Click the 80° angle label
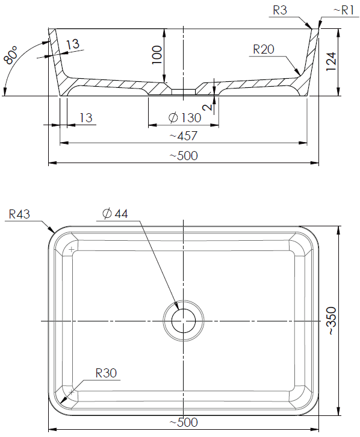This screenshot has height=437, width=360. click(11, 56)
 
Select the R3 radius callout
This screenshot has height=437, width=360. click(280, 10)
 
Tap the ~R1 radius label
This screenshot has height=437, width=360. click(344, 10)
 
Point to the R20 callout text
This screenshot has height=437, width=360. click(264, 49)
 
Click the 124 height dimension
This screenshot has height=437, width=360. click(331, 61)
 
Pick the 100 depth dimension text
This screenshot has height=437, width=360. click(157, 55)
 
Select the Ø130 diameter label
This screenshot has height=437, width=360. click(185, 118)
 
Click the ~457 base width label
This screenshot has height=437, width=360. click(184, 136)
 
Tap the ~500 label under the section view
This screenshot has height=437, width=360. click(184, 155)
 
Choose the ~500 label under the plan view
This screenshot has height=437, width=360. click(184, 422)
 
